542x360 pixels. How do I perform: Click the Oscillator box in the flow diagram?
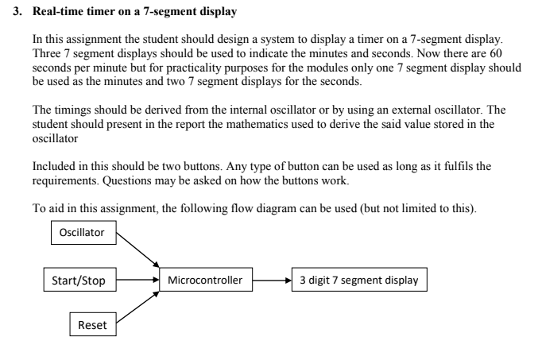point(83,233)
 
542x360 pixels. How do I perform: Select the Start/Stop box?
point(79,280)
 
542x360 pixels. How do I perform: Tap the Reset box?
point(92,325)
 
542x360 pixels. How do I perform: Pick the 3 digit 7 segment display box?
point(358,280)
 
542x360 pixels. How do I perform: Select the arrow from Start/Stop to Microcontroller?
point(137,280)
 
